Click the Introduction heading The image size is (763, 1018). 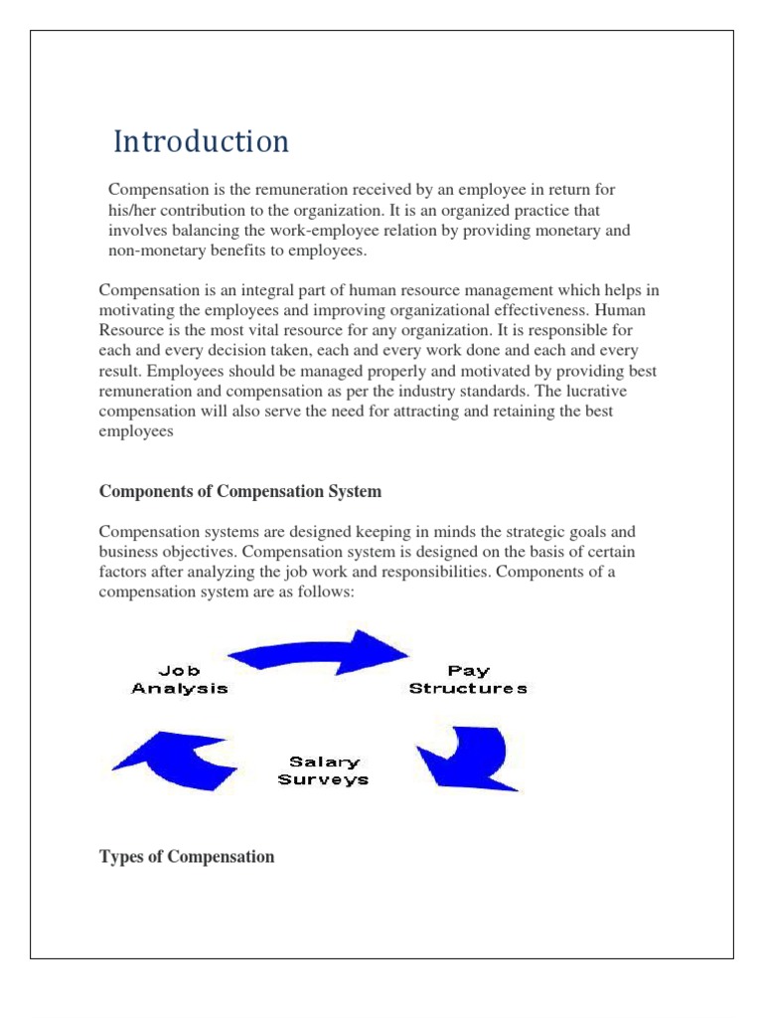pyautogui.click(x=201, y=142)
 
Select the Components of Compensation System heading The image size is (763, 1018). pyautogui.click(x=239, y=492)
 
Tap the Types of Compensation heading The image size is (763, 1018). pyautogui.click(x=187, y=856)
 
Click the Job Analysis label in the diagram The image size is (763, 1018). pyautogui.click(x=180, y=680)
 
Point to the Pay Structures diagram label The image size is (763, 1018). pyautogui.click(x=468, y=680)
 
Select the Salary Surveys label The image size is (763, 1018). pyautogui.click(x=322, y=771)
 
